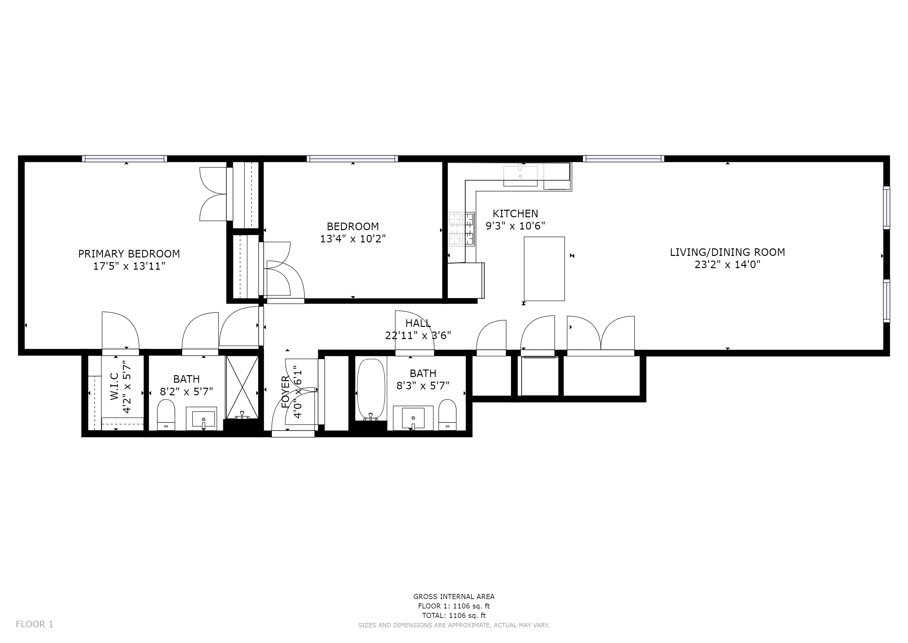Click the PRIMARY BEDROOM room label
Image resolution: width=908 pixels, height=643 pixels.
click(129, 254)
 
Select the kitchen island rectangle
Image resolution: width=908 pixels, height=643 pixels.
click(544, 269)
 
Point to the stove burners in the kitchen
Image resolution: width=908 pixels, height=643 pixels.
click(461, 230)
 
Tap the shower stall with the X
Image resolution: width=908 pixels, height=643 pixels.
click(242, 387)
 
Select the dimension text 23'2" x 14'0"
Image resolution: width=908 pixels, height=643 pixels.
click(728, 264)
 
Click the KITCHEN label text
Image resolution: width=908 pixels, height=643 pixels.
click(515, 214)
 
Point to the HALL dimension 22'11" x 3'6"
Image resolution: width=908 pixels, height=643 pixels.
click(418, 336)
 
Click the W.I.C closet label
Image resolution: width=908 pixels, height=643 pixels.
click(114, 386)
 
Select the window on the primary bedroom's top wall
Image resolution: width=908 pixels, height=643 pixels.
click(124, 159)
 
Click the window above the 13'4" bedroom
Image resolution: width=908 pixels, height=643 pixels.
click(352, 159)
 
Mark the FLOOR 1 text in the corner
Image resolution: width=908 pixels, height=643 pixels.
click(34, 624)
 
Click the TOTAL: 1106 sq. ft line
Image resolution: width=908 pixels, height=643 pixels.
click(454, 616)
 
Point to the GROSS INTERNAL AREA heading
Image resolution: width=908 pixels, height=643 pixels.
click(454, 597)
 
